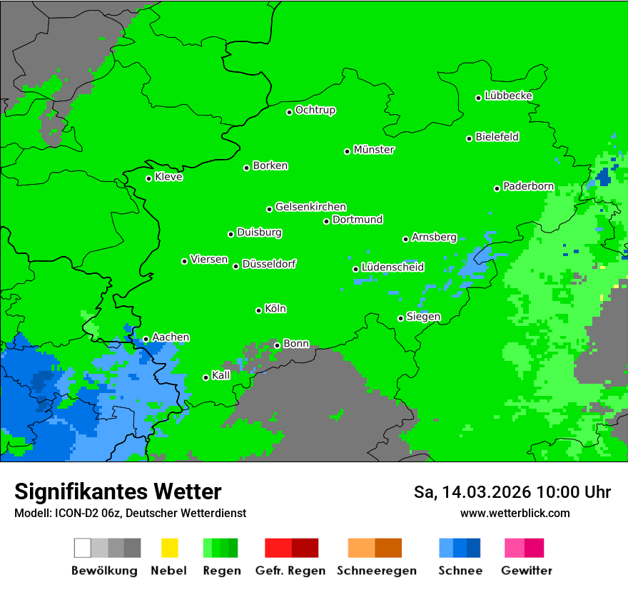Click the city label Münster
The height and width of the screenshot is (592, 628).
(374, 150)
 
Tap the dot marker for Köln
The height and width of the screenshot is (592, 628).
(258, 310)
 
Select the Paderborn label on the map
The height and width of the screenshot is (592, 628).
(528, 186)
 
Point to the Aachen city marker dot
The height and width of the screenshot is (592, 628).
(146, 340)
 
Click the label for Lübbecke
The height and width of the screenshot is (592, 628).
(508, 96)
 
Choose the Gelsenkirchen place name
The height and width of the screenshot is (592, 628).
(310, 207)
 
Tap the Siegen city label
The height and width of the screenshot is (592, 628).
(423, 317)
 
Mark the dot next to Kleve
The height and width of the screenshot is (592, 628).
(148, 178)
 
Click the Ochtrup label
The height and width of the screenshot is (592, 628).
(315, 110)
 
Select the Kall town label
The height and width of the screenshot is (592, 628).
(221, 375)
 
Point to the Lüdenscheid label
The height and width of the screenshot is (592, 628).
(392, 267)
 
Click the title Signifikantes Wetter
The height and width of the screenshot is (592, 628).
(118, 491)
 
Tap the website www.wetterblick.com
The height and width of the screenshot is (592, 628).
(515, 513)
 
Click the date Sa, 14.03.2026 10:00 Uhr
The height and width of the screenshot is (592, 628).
(512, 492)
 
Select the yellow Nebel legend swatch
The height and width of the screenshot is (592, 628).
(169, 548)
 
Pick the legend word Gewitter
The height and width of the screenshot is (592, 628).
(527, 571)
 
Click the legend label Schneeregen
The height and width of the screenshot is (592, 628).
(376, 571)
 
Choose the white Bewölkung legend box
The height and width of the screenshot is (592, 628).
(83, 548)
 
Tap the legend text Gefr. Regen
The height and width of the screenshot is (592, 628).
(290, 571)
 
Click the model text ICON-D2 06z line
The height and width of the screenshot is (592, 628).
(130, 513)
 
